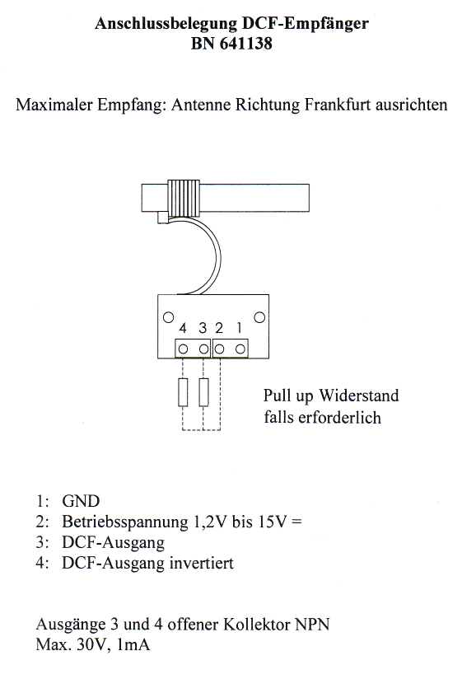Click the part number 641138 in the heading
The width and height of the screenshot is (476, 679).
245,44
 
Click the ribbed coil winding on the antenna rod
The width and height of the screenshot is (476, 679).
184,198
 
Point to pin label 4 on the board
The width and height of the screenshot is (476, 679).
183,328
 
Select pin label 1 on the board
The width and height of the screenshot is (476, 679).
240,328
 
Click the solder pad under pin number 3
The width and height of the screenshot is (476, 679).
203,349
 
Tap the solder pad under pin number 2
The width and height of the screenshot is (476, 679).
219,349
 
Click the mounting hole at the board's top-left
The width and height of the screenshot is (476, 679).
168,317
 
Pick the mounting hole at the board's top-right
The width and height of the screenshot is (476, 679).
259,317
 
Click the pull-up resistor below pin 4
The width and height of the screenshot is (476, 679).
183,392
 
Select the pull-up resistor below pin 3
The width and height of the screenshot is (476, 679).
203,392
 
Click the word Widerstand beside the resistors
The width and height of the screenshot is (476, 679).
359,396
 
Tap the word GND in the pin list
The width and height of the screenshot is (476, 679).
81,501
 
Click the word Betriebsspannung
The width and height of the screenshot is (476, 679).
125,522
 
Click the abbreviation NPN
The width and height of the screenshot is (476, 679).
312,625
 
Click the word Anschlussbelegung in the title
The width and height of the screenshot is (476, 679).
165,23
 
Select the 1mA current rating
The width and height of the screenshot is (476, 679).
133,644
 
